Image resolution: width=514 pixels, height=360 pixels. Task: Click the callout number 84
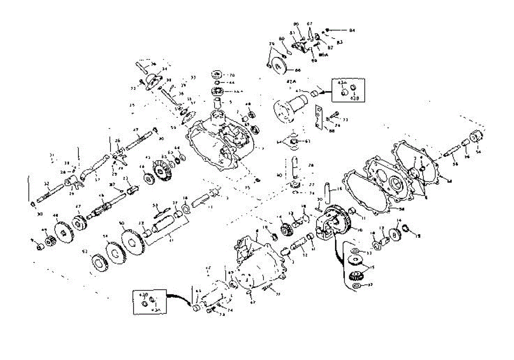click(x=352, y=30)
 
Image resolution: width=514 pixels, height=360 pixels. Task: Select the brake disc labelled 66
click(x=280, y=67)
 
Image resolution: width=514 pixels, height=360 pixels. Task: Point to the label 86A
click(x=323, y=55)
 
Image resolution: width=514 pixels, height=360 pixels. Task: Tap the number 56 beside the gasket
click(x=401, y=209)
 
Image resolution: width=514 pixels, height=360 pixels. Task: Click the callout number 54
click(x=478, y=152)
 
